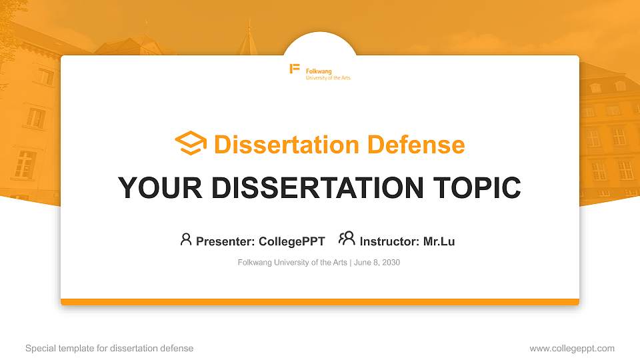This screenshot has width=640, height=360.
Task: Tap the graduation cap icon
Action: pyautogui.click(x=191, y=143)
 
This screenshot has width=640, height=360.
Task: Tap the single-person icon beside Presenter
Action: pyautogui.click(x=186, y=239)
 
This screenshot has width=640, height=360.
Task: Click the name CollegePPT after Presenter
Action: pyautogui.click(x=291, y=241)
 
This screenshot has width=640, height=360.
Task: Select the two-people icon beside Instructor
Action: pyautogui.click(x=347, y=239)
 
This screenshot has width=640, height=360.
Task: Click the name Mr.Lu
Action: pyautogui.click(x=439, y=241)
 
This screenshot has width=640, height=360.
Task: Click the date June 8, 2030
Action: pyautogui.click(x=377, y=263)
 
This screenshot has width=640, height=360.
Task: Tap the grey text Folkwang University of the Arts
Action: pyautogui.click(x=292, y=263)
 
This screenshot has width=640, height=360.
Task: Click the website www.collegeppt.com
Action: pyautogui.click(x=572, y=348)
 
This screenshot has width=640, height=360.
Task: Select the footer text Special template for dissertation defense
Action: pyautogui.click(x=109, y=348)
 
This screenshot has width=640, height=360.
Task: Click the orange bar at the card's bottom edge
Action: pyautogui.click(x=320, y=302)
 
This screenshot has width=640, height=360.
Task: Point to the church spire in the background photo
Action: pyautogui.click(x=249, y=40)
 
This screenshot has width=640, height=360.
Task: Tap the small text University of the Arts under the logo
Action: pyautogui.click(x=328, y=78)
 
